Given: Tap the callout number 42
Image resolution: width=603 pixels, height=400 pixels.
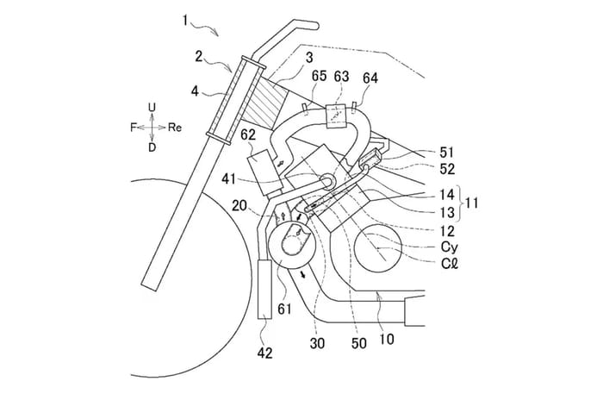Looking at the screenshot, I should (266, 353).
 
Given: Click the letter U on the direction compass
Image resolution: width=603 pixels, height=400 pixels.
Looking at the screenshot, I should (151, 107).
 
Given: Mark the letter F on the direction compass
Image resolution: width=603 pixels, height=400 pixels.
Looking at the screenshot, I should (133, 127).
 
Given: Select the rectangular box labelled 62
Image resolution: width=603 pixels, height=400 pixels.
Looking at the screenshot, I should (261, 161).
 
